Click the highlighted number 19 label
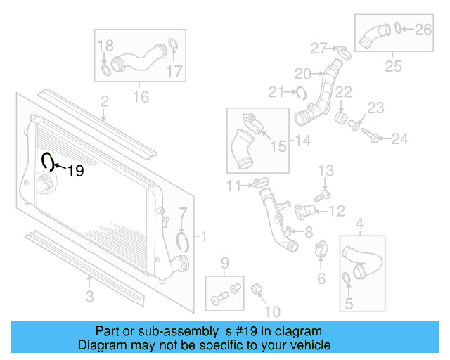(75, 170)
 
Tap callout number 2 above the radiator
(104, 103)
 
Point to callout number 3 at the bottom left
(90, 297)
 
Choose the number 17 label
(174, 70)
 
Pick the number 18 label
(105, 46)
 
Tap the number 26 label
(423, 30)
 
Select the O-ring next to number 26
(399, 29)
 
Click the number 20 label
(302, 73)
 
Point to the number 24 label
(399, 139)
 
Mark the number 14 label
(302, 141)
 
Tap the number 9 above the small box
(225, 263)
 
